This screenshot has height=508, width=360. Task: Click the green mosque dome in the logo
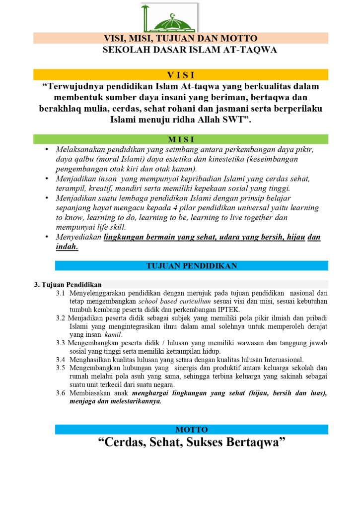click(173, 22)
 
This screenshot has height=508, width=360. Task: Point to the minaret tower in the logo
click(145, 18)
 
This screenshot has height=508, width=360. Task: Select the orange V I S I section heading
click(180, 75)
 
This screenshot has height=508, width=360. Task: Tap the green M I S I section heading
click(180, 139)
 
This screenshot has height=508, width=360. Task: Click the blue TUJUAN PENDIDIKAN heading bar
click(191, 266)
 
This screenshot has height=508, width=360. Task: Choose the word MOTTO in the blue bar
click(191, 430)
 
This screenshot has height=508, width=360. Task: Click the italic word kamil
click(113, 335)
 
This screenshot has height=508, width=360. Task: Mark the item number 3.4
click(61, 360)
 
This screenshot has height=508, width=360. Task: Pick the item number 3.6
click(61, 393)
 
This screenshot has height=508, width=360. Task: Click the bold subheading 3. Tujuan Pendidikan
click(68, 285)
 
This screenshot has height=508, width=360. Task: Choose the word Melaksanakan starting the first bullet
click(80, 149)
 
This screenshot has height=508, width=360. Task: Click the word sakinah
click(285, 377)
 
